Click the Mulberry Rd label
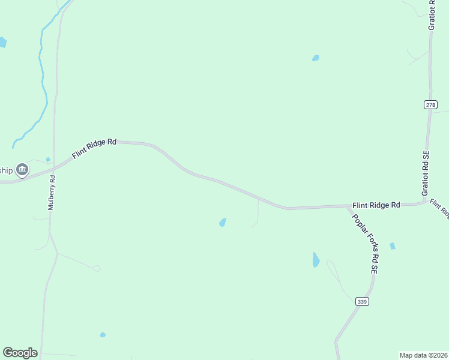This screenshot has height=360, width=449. click(52, 192)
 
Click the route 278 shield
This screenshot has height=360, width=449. click(430, 104)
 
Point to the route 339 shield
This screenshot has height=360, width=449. click(361, 301)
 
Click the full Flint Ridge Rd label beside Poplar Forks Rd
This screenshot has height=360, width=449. click(376, 205)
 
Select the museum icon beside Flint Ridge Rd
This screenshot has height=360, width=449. click(22, 170)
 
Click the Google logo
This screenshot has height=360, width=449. click(20, 353)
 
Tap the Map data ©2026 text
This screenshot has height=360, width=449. click(423, 355)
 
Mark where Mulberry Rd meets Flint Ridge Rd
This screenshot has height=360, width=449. click(53, 167)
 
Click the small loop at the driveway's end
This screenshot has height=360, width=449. click(97, 268)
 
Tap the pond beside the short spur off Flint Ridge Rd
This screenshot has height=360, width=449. click(223, 223)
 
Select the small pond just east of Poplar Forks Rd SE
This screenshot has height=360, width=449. click(393, 246)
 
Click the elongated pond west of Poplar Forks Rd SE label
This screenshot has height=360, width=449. click(316, 260)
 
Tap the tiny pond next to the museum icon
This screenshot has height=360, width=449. click(48, 160)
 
